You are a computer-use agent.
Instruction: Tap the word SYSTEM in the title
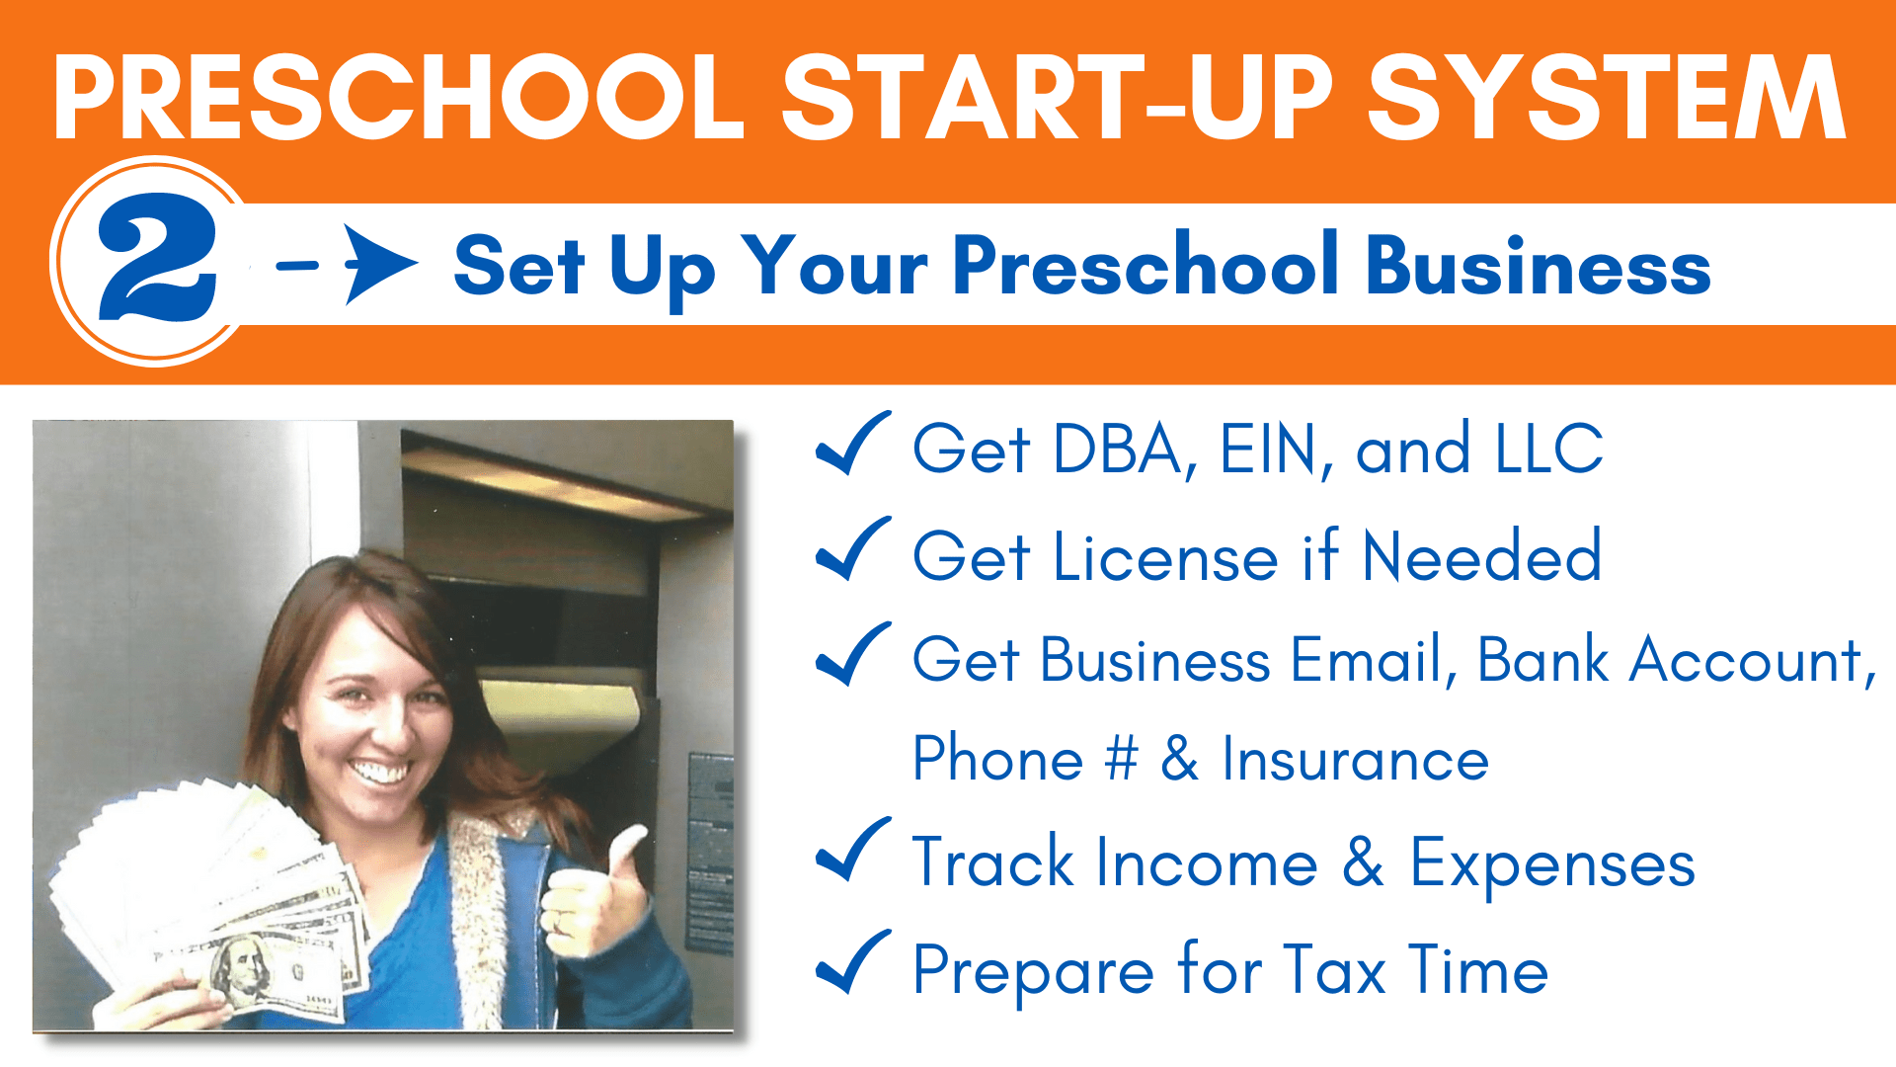[x=1607, y=97]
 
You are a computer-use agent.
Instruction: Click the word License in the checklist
[x=1166, y=556]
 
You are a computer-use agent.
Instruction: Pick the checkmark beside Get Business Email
[x=853, y=654]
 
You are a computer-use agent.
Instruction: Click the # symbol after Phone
[x=1121, y=759]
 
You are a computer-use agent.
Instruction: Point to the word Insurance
[x=1355, y=759]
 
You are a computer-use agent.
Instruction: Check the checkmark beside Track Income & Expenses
[x=853, y=850]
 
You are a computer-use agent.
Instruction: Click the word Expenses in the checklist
[x=1552, y=865]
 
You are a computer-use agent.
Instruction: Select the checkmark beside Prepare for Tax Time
[x=853, y=962]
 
